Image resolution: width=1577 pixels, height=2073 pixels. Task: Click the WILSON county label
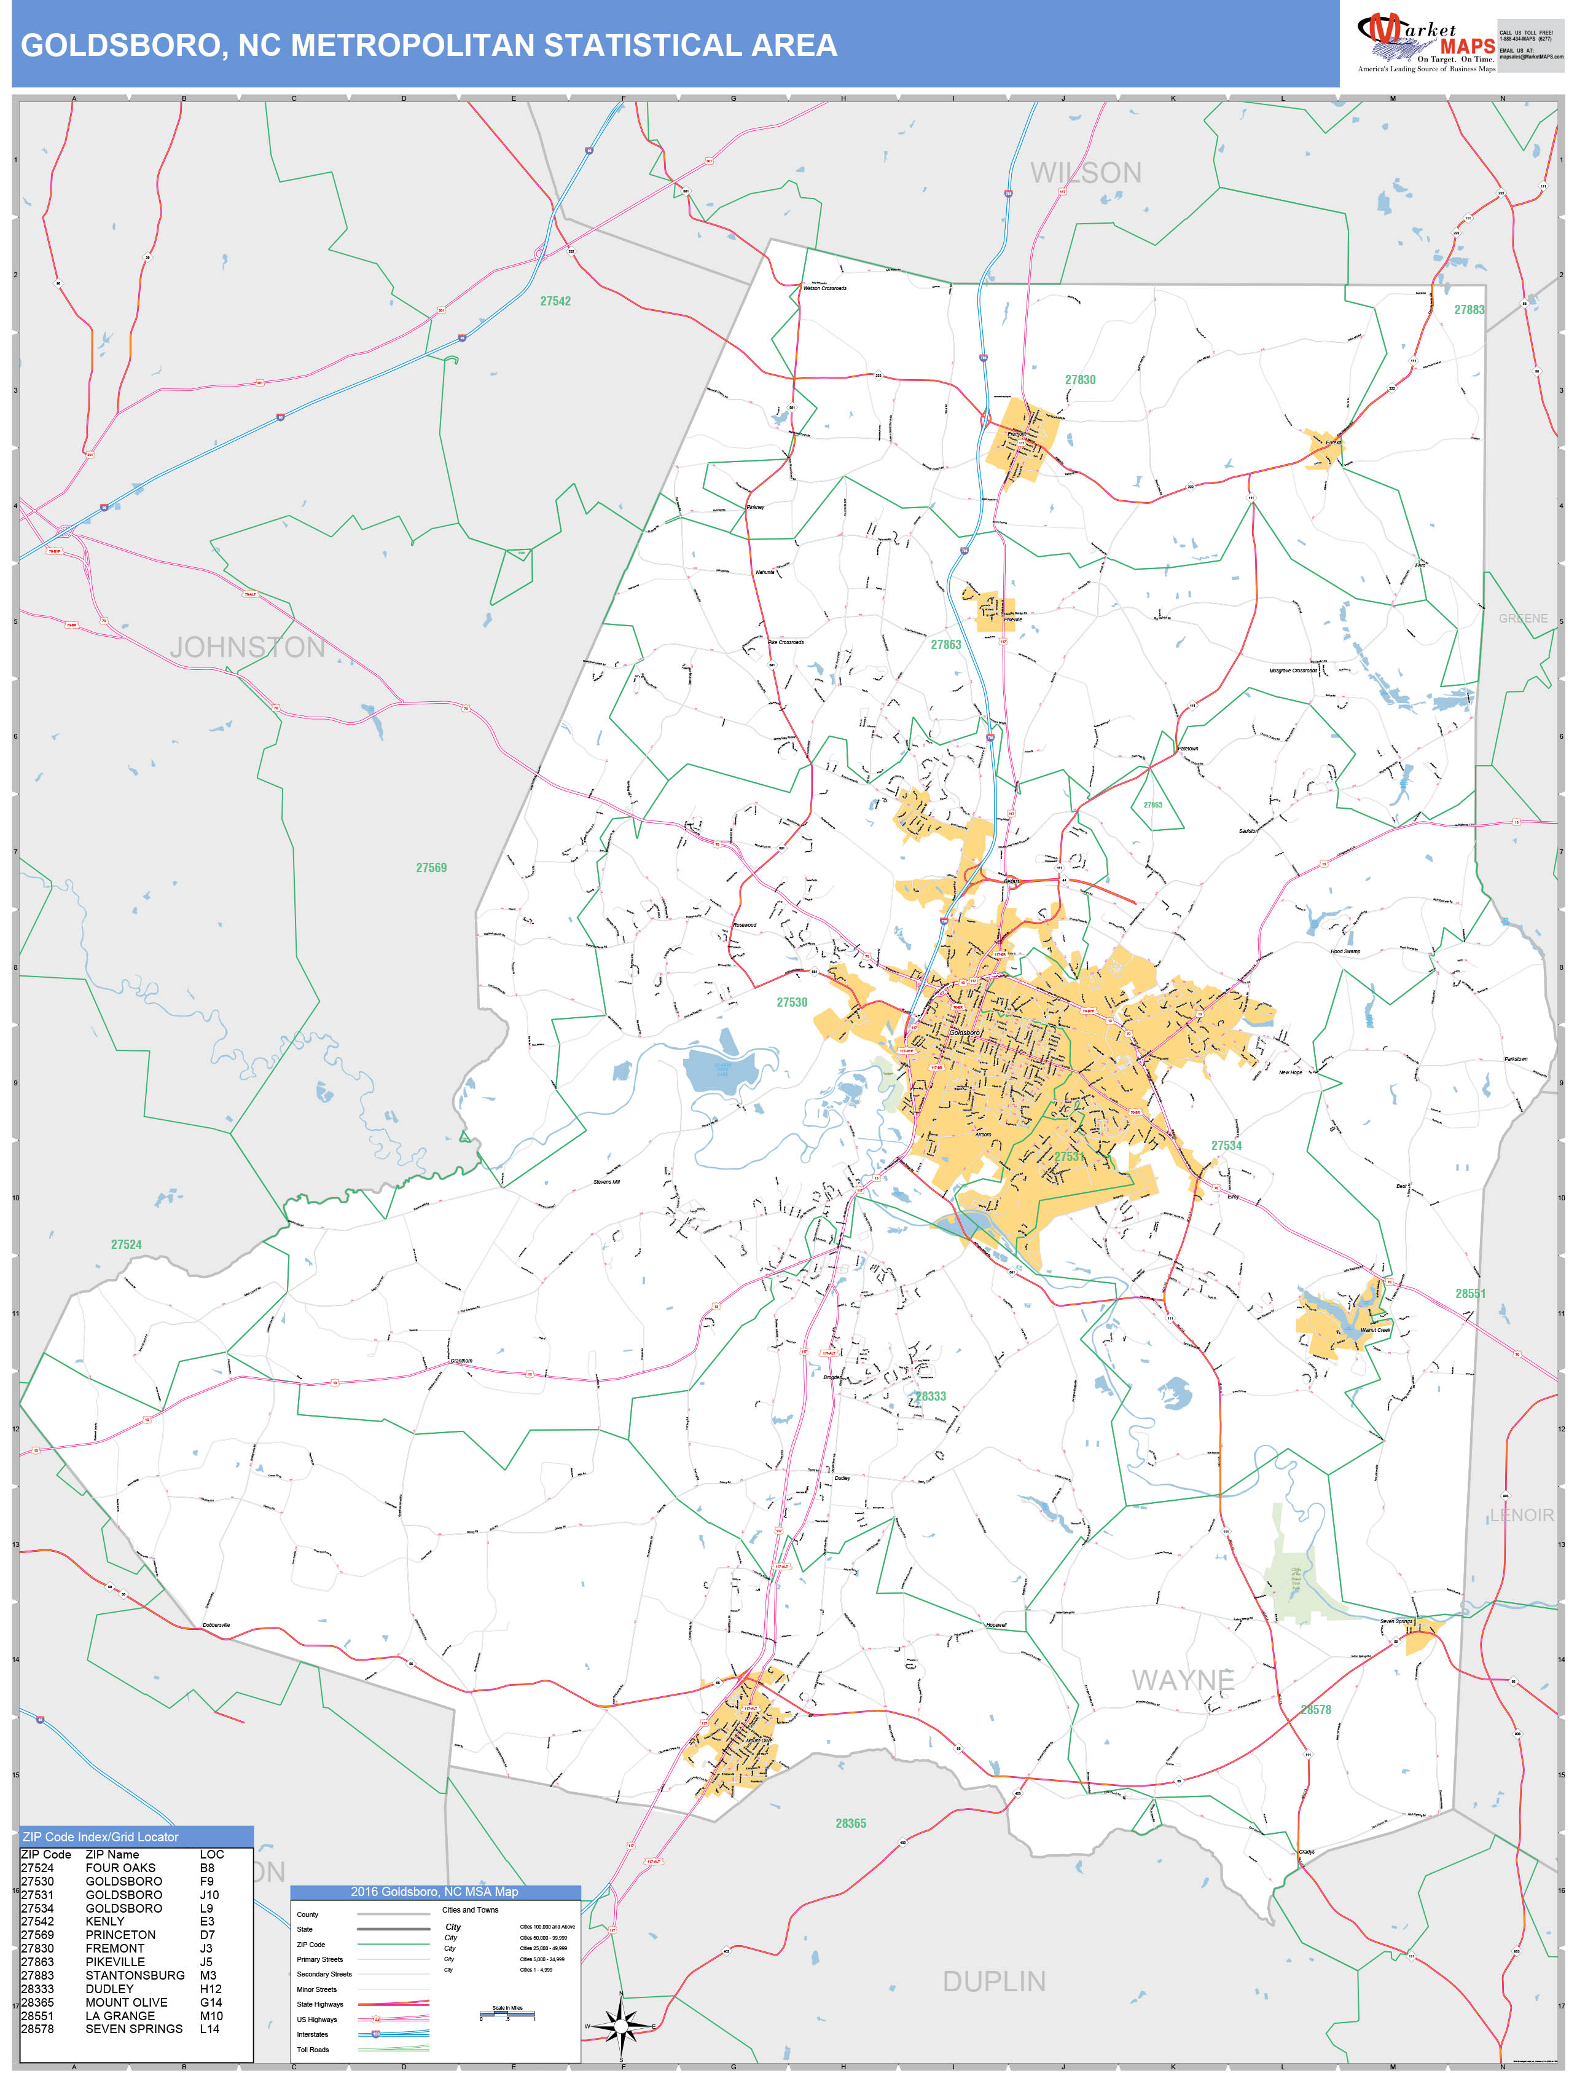[1086, 174]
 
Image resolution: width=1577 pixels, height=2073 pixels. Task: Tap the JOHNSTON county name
[248, 647]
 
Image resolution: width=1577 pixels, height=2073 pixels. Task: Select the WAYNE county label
[1183, 1680]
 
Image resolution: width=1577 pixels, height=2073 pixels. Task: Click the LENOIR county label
[1522, 1516]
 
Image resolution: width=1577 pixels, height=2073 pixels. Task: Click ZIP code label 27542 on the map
[555, 301]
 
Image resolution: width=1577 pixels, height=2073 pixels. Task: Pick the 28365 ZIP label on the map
[850, 1823]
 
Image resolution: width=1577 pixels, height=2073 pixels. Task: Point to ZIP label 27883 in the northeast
[1469, 310]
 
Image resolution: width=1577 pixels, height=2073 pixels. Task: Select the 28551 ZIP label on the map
[1470, 1294]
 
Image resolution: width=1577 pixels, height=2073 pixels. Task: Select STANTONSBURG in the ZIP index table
[135, 1975]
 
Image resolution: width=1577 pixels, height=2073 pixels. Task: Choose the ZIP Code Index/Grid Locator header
[100, 1836]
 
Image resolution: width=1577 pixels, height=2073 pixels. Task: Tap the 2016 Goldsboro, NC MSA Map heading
[434, 1892]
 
